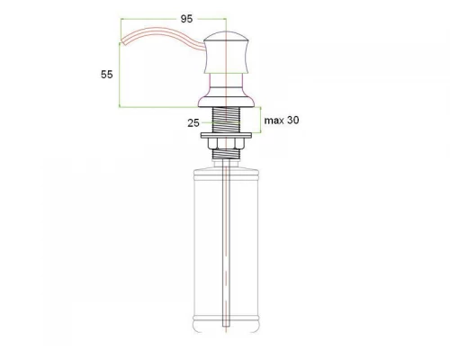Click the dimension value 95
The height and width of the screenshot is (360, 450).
click(x=187, y=16)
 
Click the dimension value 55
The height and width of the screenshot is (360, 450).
click(x=107, y=76)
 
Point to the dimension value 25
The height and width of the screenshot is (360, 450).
click(x=192, y=122)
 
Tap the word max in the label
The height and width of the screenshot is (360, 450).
click(x=274, y=121)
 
